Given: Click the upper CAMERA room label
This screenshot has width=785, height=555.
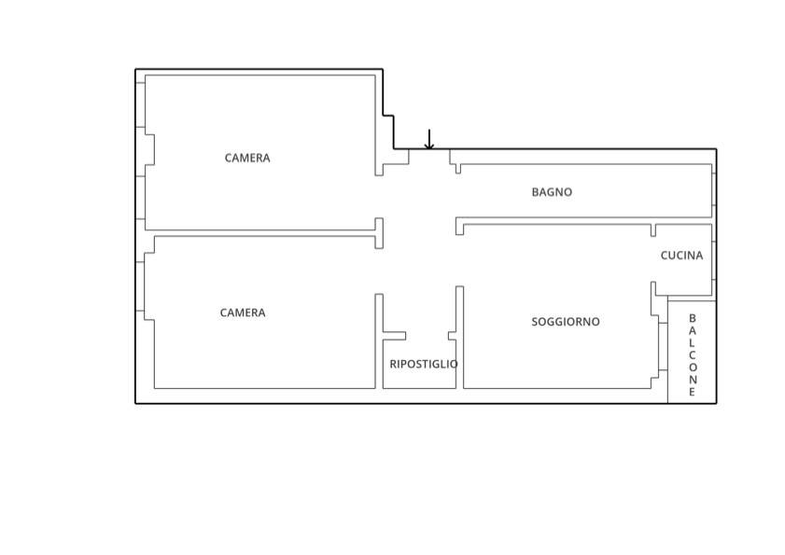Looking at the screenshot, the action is pos(247,159).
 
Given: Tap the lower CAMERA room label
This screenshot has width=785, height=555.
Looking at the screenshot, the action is pos(243,312).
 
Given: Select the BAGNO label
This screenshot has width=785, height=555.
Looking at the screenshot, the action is pos(552,192).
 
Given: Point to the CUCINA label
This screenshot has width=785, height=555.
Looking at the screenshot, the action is pos(681,256).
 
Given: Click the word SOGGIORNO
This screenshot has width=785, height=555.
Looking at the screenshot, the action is pos(566,322).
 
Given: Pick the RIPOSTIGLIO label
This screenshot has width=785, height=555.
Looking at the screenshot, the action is pos(424,364).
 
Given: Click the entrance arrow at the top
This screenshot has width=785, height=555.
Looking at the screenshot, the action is pos(429,139).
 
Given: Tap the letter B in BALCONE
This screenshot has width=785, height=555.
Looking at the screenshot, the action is pos(693,318).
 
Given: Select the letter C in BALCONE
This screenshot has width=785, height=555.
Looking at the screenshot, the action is pos(693,354).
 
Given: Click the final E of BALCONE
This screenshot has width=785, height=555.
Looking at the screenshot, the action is pos(693,392).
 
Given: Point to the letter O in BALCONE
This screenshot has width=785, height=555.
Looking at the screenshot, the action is pos(693,367).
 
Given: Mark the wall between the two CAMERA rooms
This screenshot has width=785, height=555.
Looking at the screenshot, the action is pos(260,233).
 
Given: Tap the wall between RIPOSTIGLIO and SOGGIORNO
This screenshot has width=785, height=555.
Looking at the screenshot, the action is pos(459,338).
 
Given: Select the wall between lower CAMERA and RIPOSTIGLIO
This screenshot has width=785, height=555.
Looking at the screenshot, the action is pos(379,340).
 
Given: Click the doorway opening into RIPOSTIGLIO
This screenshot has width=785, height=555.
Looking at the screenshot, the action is pos(428,336).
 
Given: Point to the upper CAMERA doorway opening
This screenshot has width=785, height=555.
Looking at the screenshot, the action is pos(379,197).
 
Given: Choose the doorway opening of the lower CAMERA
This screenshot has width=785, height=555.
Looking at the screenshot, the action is pos(379,271).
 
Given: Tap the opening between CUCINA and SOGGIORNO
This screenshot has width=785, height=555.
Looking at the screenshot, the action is pos(653,259).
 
